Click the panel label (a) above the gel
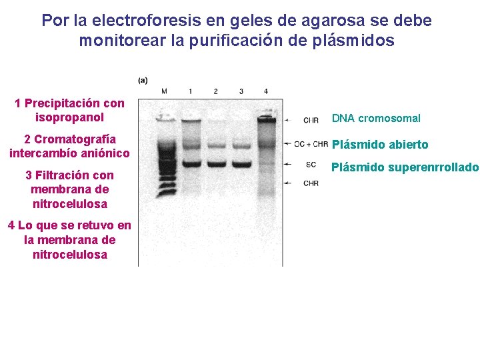[x=143, y=81]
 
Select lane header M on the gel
[x=165, y=91]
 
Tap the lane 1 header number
[x=191, y=91]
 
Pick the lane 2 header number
[x=216, y=91]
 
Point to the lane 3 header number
[x=241, y=91]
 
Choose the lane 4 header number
[x=266, y=91]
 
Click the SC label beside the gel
[x=311, y=164]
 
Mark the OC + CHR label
[x=311, y=143]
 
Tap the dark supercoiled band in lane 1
[x=191, y=163]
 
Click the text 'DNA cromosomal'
[x=376, y=119]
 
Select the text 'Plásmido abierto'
[x=380, y=145]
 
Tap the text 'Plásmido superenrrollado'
[x=405, y=167]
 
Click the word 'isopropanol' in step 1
[x=69, y=117]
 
